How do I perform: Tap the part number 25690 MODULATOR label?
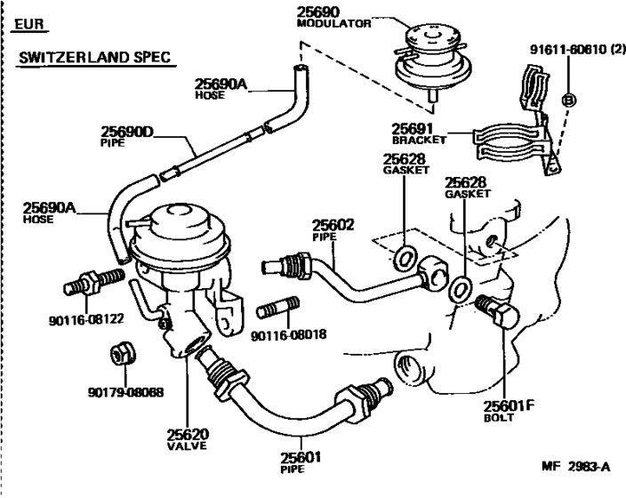[x=332, y=18]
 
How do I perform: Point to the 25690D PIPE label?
[x=125, y=137]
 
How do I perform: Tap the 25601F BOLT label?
[x=509, y=412]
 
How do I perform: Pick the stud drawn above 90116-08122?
[x=92, y=284]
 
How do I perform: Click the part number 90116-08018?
[x=287, y=336]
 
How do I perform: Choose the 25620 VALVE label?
[x=188, y=440]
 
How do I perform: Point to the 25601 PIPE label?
[x=299, y=462]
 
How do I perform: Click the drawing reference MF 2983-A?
[x=576, y=466]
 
